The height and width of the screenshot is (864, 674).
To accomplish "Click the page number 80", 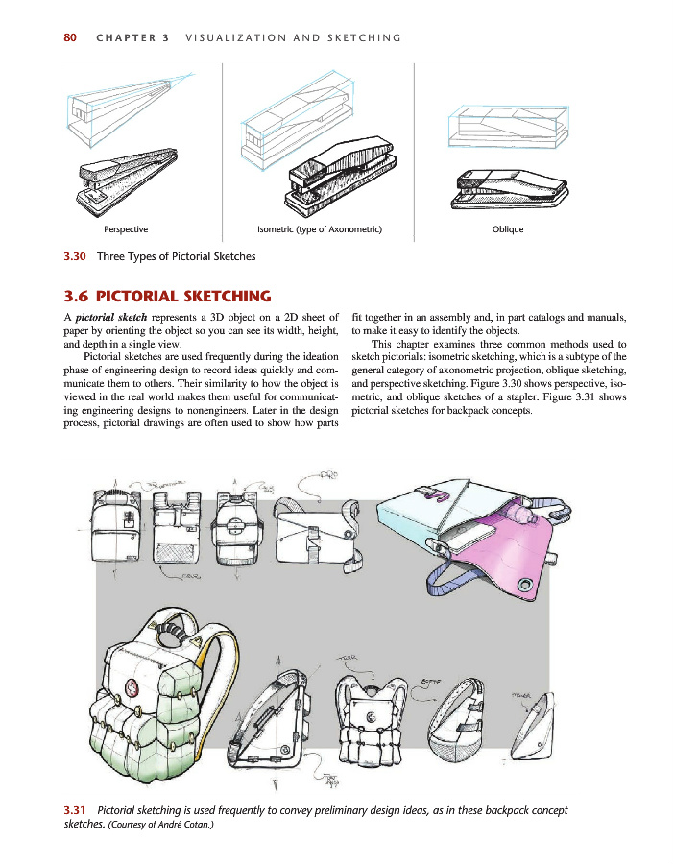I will point(69,38).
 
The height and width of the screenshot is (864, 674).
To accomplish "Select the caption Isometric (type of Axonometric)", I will point(320,229).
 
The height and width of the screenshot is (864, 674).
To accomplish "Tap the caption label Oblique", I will point(509,229).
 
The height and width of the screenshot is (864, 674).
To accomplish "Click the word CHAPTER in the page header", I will point(132,38).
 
